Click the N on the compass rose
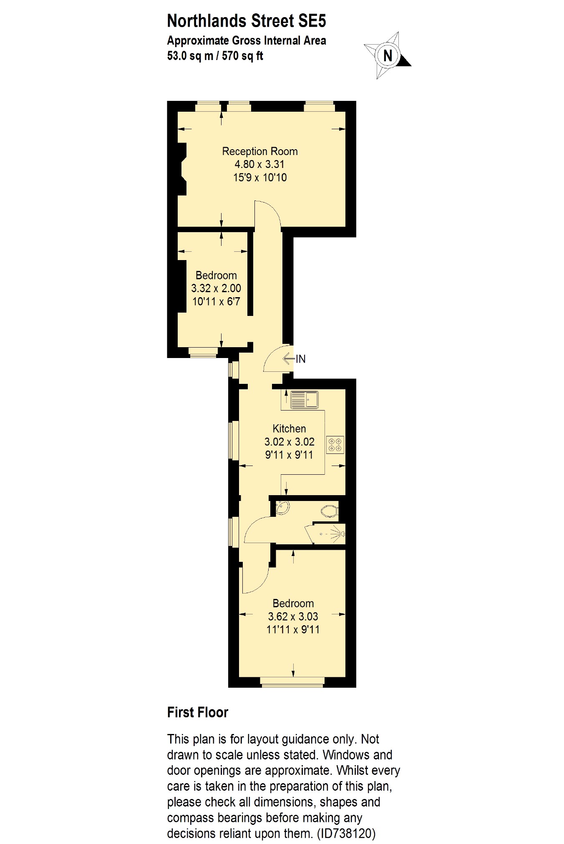(388, 55)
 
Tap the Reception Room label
(259, 151)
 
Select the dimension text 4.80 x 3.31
(259, 164)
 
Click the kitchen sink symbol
(304, 400)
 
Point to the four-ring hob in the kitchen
(335, 444)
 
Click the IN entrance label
(301, 359)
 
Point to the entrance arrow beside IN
(289, 358)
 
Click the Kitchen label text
(289, 428)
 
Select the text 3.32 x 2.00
(216, 288)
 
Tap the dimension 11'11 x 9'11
(293, 630)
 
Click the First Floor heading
(197, 713)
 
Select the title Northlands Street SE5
(246, 21)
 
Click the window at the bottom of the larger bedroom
(292, 681)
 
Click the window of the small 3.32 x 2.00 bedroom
(203, 353)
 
